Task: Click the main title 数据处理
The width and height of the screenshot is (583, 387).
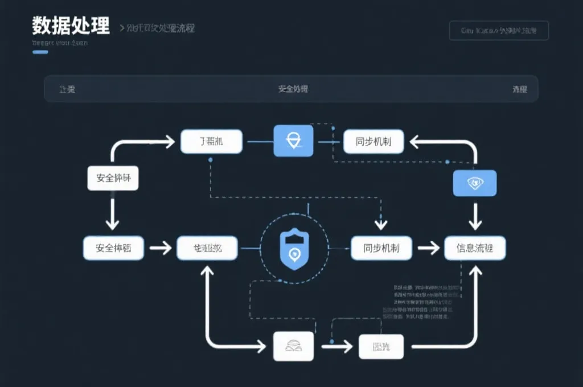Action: click(71, 26)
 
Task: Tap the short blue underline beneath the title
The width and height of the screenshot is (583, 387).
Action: click(40, 52)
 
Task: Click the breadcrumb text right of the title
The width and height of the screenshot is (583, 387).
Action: click(157, 28)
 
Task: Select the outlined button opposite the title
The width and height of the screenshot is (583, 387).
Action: click(499, 31)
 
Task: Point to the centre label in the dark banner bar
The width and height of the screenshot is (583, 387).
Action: click(293, 89)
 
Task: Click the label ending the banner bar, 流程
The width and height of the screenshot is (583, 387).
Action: click(519, 89)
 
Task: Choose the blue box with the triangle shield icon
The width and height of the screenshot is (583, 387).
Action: click(294, 141)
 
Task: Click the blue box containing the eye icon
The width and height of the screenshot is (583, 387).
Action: click(475, 183)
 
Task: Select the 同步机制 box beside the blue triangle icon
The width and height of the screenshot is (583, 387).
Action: click(373, 141)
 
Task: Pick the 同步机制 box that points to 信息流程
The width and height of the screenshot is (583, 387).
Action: click(375, 248)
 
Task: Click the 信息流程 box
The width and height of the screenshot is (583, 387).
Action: click(475, 248)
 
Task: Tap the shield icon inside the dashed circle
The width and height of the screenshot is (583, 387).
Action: click(294, 248)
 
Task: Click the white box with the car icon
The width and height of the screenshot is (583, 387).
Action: click(294, 345)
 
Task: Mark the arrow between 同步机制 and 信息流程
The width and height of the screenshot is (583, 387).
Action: click(428, 248)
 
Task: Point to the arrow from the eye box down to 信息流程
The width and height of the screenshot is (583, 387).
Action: click(475, 215)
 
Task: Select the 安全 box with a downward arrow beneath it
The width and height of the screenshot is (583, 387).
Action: click(113, 178)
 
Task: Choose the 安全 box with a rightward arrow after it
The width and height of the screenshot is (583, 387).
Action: click(113, 248)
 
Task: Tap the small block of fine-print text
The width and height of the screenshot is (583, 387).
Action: click(424, 302)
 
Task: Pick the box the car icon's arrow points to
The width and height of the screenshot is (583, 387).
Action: click(381, 346)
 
